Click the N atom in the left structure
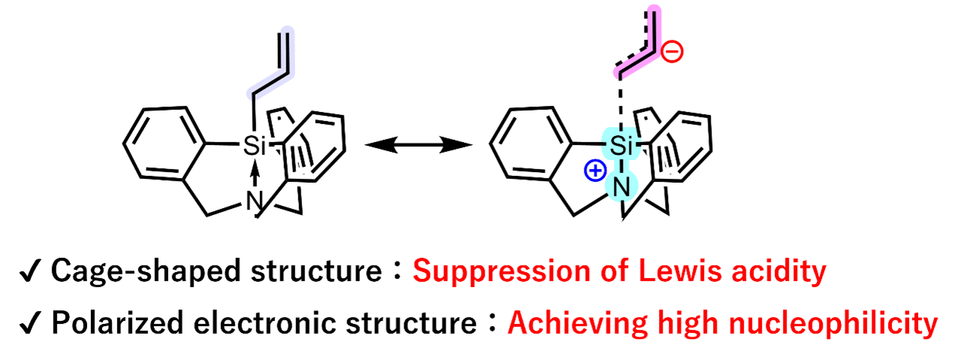256,202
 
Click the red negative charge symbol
673,53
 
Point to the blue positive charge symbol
593,172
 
